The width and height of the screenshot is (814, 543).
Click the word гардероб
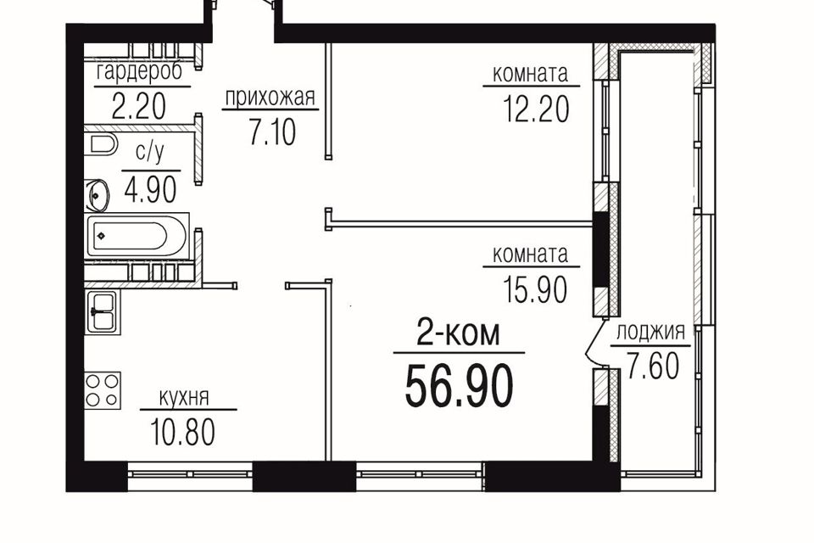140,72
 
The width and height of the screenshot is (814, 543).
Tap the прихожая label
270,97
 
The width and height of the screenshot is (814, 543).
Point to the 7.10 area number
272,132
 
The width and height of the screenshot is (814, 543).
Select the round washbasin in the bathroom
98,195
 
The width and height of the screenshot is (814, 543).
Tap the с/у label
150,153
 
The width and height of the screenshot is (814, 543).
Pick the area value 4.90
151,190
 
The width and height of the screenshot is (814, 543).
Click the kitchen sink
103,311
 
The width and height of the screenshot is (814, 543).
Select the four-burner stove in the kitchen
103,390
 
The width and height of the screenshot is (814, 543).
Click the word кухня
184,398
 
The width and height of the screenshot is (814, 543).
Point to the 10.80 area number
183,433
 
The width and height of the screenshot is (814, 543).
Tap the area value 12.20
536,109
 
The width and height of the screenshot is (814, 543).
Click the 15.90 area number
535,289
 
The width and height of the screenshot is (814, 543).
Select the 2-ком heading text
459,334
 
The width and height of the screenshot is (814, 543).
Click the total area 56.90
459,385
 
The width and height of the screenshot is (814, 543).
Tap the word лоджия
650,332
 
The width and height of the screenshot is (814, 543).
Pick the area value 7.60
653,366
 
